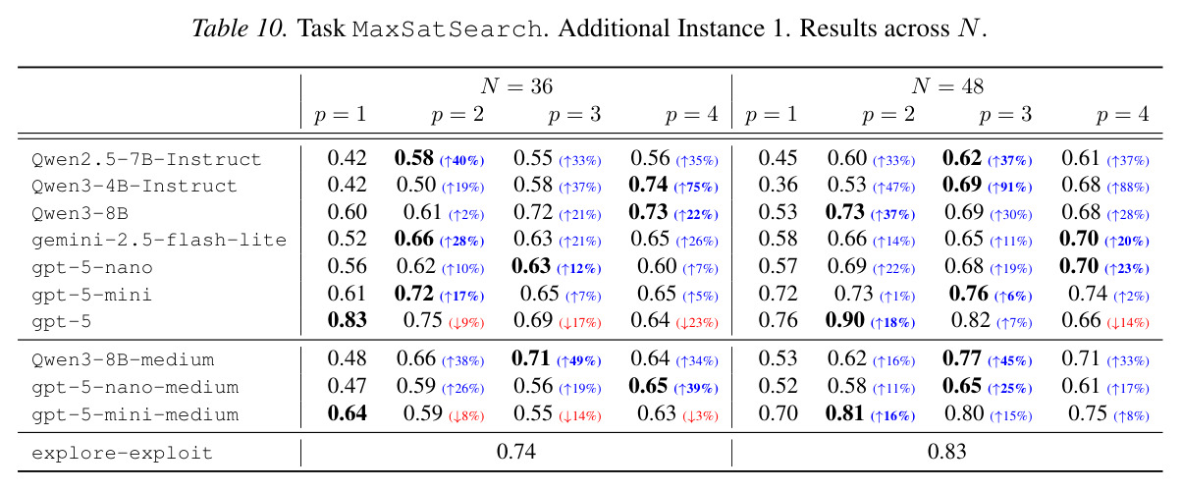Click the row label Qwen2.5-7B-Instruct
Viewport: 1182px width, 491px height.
coord(146,159)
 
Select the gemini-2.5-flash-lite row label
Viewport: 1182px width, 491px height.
coord(159,241)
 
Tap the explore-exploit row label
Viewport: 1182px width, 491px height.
coord(122,453)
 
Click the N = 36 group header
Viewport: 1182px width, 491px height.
coord(516,86)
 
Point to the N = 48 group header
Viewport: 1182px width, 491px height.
coord(947,86)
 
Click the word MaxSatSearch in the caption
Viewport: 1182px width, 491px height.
coord(448,29)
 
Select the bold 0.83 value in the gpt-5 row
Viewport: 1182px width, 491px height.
coord(347,320)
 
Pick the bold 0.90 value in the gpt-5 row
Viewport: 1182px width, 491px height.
coord(845,320)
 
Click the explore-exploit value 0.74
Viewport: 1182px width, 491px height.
coord(516,452)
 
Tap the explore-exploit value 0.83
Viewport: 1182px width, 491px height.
coord(947,452)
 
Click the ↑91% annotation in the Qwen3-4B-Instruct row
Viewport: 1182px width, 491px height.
coord(1009,188)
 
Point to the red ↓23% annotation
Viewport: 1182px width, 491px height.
coord(697,323)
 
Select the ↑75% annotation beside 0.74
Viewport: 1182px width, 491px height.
coord(696,188)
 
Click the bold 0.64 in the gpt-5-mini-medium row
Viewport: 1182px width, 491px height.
coord(347,413)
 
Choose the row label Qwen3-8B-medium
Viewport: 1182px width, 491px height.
coord(123,360)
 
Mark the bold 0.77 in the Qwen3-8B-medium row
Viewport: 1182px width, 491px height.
coord(962,359)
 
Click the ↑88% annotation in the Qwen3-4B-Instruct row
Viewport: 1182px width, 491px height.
coord(1128,188)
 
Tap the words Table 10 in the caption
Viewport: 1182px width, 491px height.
coord(239,28)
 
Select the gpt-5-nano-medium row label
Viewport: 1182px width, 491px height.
coord(135,388)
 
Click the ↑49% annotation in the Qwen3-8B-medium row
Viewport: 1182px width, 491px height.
coord(579,361)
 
